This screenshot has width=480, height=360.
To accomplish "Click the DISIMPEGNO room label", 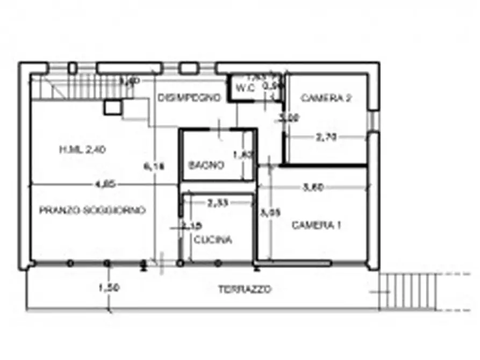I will click(x=190, y=98).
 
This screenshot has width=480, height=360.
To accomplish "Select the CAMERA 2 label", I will click(x=326, y=98).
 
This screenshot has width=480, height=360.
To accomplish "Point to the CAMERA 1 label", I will click(x=317, y=226).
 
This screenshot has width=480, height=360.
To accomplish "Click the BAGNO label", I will click(x=206, y=165).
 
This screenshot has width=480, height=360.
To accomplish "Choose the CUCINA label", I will click(x=213, y=240).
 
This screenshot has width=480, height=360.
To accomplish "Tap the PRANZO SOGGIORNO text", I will click(x=92, y=211).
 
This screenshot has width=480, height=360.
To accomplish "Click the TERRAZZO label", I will click(x=245, y=289).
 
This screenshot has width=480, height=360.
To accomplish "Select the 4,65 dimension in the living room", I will click(x=104, y=184).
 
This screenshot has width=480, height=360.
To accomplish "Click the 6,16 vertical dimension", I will click(x=156, y=167).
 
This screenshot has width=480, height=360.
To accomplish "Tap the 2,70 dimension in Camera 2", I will click(x=326, y=138).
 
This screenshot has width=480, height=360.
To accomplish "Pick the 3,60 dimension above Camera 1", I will click(x=313, y=188).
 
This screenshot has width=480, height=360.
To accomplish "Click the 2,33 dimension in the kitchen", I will click(x=218, y=203).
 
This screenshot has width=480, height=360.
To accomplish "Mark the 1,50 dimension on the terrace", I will click(x=109, y=288).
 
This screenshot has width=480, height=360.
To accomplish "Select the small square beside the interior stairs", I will click(x=112, y=107).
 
